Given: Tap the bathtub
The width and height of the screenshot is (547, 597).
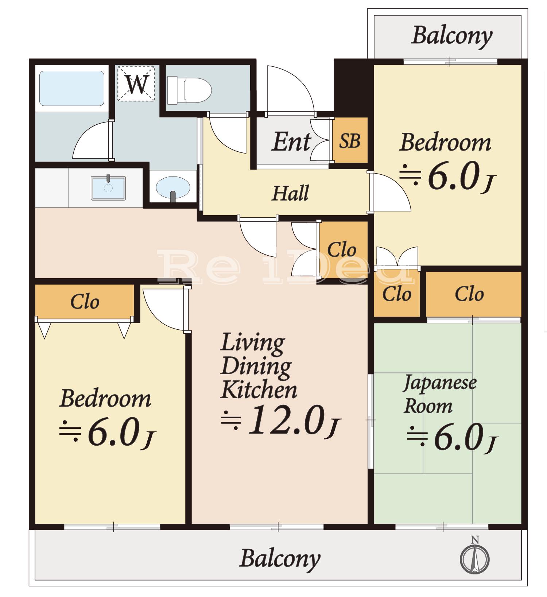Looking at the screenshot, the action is click(x=71, y=88).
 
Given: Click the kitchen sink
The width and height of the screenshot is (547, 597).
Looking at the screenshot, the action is click(x=108, y=188).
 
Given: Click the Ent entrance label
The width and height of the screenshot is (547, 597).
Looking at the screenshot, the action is click(x=291, y=142).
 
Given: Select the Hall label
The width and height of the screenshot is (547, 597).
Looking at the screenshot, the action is click(x=290, y=193).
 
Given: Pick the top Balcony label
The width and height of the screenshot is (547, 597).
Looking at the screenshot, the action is click(x=452, y=36).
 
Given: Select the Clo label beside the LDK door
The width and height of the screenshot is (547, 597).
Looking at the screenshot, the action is click(x=342, y=250).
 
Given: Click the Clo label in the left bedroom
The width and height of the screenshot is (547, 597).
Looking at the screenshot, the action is click(x=85, y=302).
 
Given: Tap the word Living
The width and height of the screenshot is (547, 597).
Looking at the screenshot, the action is click(x=252, y=343).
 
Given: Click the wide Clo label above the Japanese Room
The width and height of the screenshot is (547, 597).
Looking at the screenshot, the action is click(x=469, y=294).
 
